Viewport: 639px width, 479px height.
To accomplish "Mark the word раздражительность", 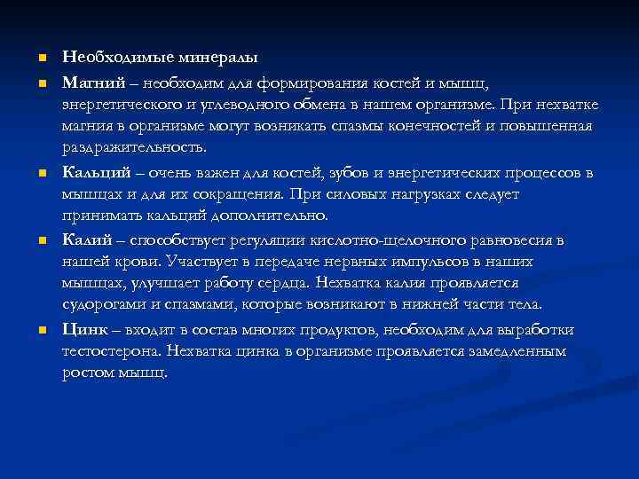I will click(x=134, y=146).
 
